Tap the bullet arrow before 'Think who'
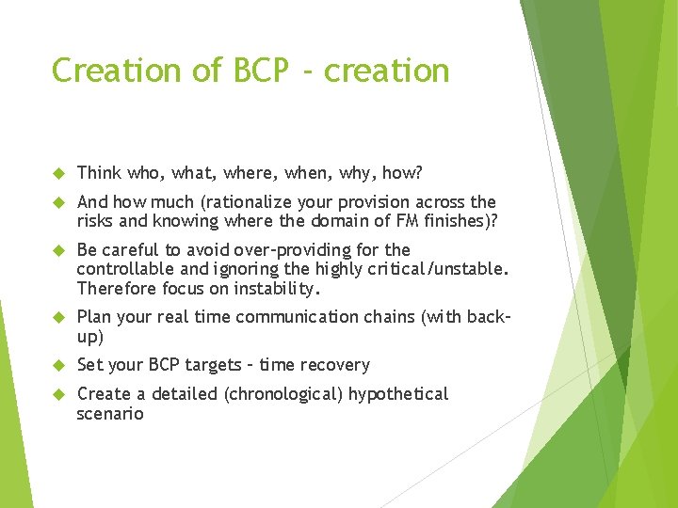tap(56, 173)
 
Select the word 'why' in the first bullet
tap(350, 173)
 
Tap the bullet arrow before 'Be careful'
tap(56, 250)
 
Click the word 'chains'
tap(378, 317)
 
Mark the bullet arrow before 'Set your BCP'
tap(56, 365)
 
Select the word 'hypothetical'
tap(398, 394)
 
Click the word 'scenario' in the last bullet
tap(110, 413)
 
